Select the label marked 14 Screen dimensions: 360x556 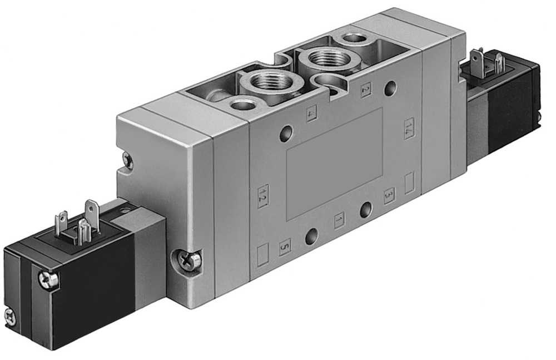[x=410, y=128]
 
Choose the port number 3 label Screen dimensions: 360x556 [x=389, y=195]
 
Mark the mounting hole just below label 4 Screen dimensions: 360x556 [x=286, y=133]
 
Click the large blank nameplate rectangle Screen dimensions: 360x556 [x=334, y=162]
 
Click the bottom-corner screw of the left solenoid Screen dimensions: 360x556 [x=10, y=316]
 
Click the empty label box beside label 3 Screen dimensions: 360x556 [x=410, y=183]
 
